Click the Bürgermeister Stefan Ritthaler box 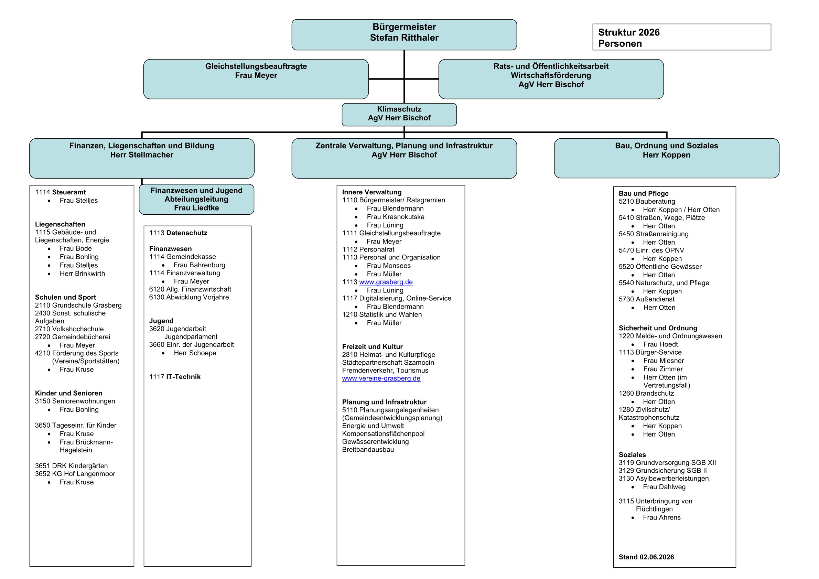[404, 35]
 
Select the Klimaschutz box [399, 115]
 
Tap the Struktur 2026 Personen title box [682, 37]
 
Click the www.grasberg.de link [386, 282]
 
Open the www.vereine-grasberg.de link [381, 378]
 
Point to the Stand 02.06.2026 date [646, 557]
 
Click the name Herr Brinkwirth [83, 274]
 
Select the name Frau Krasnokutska [396, 217]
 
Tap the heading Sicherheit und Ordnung [658, 328]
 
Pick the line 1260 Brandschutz [646, 394]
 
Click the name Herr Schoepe [195, 353]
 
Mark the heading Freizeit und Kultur [373, 347]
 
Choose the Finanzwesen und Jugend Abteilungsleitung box [196, 199]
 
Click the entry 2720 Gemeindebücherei [73, 337]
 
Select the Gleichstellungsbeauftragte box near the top [256, 79]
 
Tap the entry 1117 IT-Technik [175, 377]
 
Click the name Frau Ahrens [662, 518]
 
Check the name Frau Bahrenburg [200, 265]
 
